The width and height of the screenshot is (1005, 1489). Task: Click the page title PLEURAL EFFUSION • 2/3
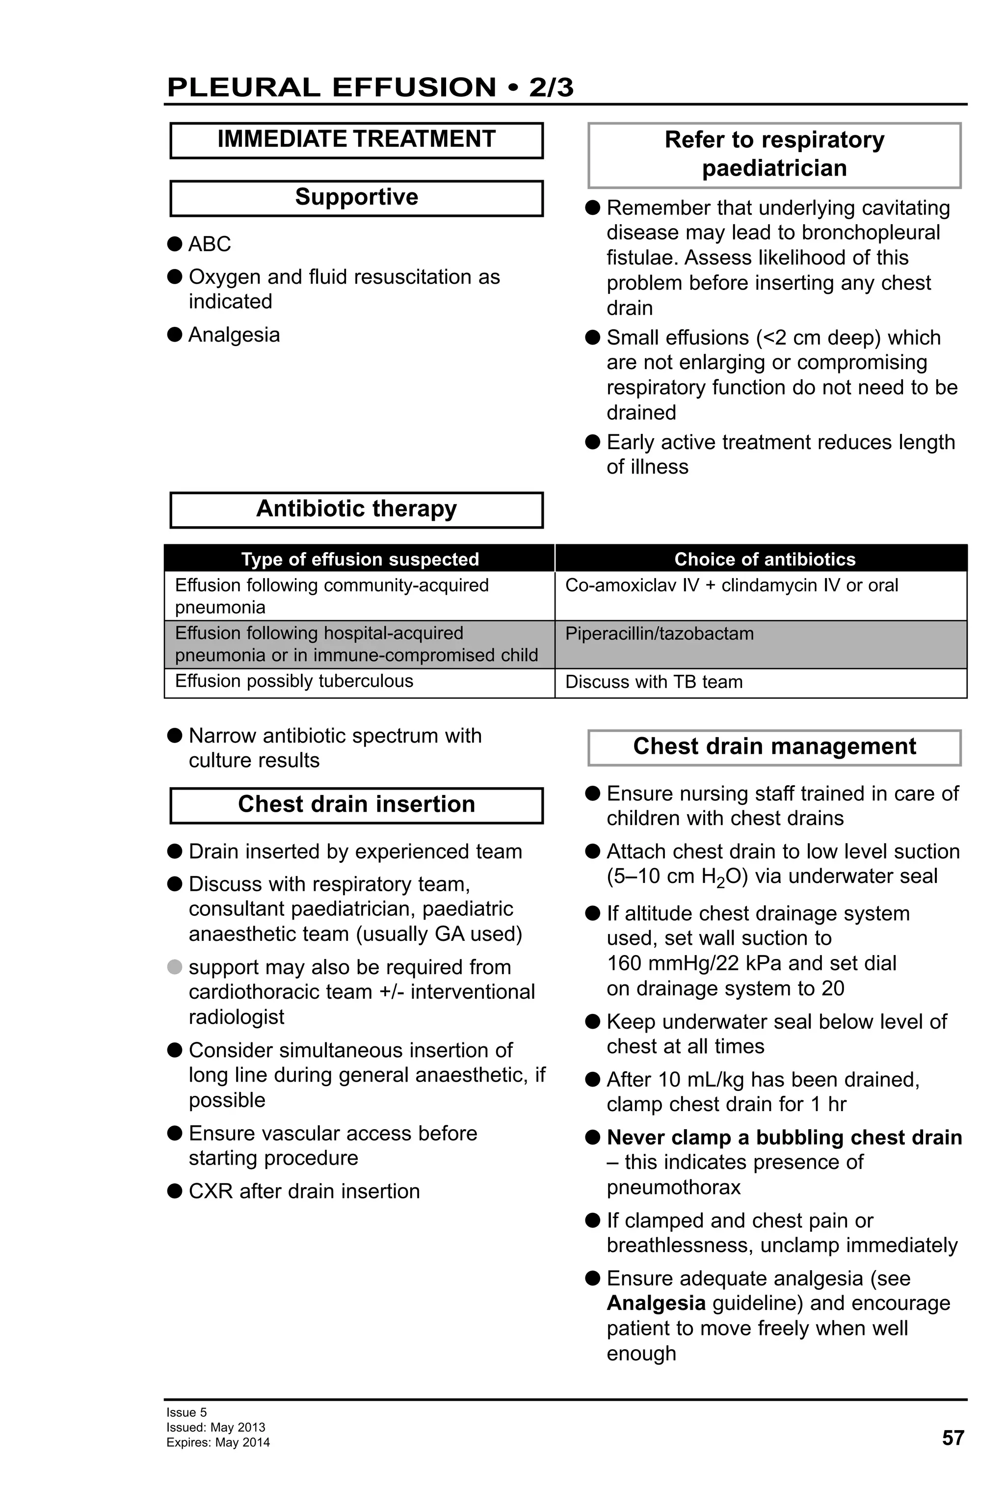[x=370, y=87]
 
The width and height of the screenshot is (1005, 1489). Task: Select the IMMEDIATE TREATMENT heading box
[x=356, y=140]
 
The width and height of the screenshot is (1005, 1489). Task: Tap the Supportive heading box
[x=356, y=197]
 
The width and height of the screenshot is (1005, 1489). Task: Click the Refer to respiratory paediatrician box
[x=774, y=155]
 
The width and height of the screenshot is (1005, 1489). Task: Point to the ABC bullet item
[x=210, y=244]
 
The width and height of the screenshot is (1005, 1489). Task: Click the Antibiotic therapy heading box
[x=356, y=509]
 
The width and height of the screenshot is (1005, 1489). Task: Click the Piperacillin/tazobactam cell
[x=659, y=634]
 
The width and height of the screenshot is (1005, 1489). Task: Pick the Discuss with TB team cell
[x=653, y=682]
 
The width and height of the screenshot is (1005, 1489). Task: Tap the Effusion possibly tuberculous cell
[x=294, y=681]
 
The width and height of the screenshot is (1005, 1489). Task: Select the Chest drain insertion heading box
[x=356, y=805]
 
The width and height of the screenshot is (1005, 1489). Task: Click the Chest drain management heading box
[x=774, y=747]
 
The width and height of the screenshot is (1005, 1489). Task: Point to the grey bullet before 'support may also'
[x=175, y=967]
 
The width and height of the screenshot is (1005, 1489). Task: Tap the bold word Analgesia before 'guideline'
[x=656, y=1303]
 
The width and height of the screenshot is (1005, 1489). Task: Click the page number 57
[x=952, y=1438]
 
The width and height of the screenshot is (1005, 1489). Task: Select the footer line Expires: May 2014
[x=218, y=1443]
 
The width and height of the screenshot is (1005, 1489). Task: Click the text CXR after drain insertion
[x=304, y=1191]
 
